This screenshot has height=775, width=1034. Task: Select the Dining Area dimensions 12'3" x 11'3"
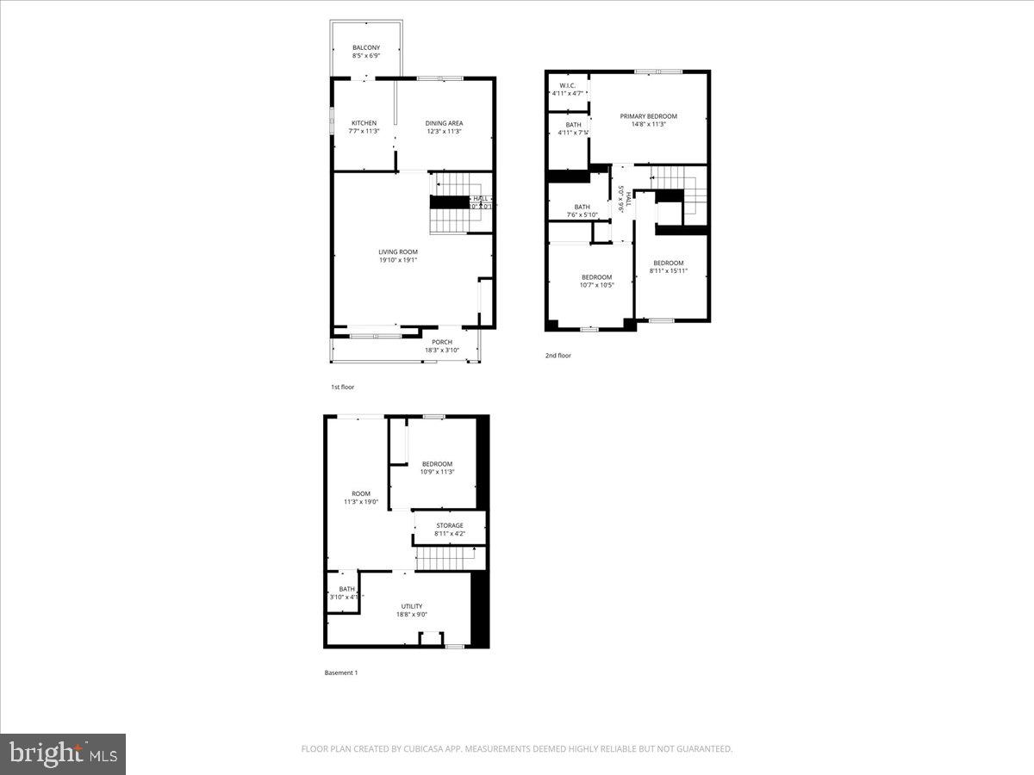click(444, 132)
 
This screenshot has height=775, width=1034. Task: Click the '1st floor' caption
click(342, 387)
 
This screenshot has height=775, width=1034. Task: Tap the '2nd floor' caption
click(558, 356)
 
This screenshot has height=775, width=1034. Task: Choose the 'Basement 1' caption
click(340, 673)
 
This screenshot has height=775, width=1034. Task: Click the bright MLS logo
click(63, 754)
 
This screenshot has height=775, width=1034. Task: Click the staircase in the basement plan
click(446, 560)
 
